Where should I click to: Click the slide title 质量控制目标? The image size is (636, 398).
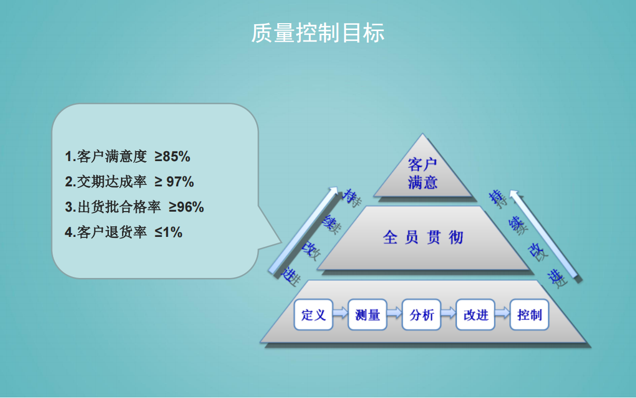pyautogui.click(x=318, y=33)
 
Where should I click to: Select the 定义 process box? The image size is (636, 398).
pyautogui.click(x=313, y=314)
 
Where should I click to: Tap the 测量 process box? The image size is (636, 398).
pyautogui.click(x=367, y=314)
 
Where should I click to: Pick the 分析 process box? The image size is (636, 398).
pyautogui.click(x=421, y=314)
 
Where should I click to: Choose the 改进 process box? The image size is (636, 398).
pyautogui.click(x=476, y=314)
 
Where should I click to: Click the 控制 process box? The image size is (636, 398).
pyautogui.click(x=529, y=314)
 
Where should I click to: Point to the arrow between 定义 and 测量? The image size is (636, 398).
pyautogui.click(x=340, y=313)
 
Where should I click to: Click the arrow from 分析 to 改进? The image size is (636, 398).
pyautogui.click(x=448, y=313)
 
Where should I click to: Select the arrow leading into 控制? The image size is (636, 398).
pyautogui.click(x=502, y=313)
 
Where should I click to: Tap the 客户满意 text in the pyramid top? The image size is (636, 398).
pyautogui.click(x=422, y=173)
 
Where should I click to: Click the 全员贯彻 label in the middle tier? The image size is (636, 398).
pyautogui.click(x=423, y=237)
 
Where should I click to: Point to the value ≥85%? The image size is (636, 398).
pyautogui.click(x=173, y=156)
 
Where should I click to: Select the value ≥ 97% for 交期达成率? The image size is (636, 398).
pyautogui.click(x=174, y=182)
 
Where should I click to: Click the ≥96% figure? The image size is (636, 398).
pyautogui.click(x=186, y=207)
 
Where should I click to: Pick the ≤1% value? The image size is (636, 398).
pyautogui.click(x=168, y=232)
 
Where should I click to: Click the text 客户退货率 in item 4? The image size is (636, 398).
pyautogui.click(x=112, y=232)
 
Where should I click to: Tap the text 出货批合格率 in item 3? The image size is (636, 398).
pyautogui.click(x=119, y=207)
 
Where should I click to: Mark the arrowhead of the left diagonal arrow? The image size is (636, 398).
pyautogui.click(x=334, y=190)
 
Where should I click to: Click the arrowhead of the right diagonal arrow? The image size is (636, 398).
pyautogui.click(x=513, y=193)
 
